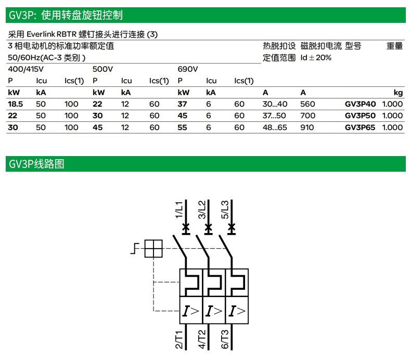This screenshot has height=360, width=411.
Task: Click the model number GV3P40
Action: [x=360, y=104]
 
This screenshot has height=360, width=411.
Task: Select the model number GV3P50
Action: [x=360, y=116]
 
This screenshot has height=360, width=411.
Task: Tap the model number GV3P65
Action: [x=360, y=127]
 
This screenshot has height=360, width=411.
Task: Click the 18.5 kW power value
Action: [x=16, y=104]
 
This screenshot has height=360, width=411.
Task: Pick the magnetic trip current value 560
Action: [x=307, y=104]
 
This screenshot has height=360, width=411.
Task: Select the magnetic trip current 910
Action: [x=307, y=127]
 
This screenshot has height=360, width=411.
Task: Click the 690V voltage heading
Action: [x=188, y=69]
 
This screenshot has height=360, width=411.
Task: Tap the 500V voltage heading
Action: [x=102, y=69]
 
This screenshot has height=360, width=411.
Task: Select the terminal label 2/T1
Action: [x=179, y=339]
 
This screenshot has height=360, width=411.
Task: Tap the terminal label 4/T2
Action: [x=202, y=339]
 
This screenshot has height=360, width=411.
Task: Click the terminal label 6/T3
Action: [x=225, y=339]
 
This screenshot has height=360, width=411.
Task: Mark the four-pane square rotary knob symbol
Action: [x=153, y=249]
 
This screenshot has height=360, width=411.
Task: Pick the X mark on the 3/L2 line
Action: [x=209, y=227]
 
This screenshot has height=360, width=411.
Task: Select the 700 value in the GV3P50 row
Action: [x=307, y=116]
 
